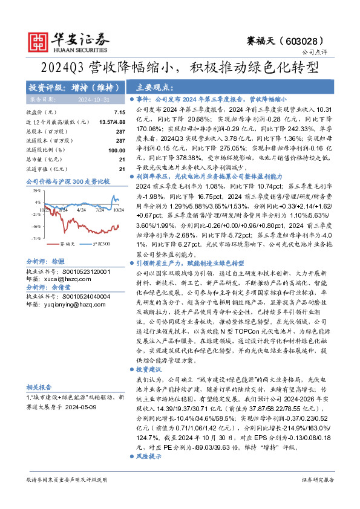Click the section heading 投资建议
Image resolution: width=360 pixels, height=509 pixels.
tap(148, 368)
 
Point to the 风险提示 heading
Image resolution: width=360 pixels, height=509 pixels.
tap(148, 456)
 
